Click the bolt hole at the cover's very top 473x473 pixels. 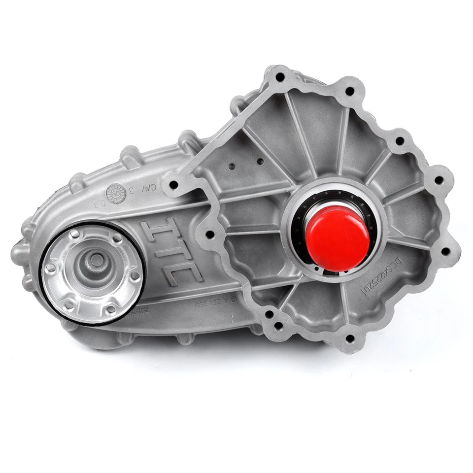280,77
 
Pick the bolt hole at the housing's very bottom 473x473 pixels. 349,338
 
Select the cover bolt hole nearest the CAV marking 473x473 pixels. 173,185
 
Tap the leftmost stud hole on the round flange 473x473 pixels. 50,268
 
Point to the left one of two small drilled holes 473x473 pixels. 232,167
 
